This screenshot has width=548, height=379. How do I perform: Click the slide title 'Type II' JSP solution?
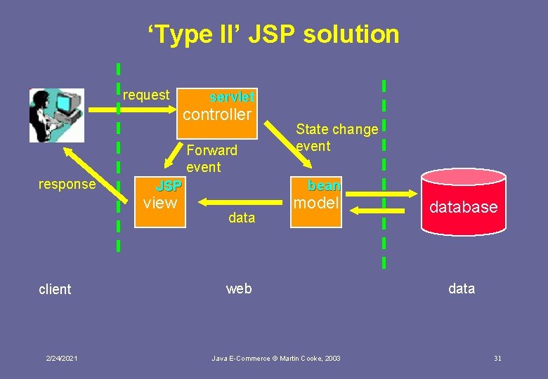(273, 34)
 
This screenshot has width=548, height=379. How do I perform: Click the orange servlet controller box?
(218, 109)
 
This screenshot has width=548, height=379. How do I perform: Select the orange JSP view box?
(160, 202)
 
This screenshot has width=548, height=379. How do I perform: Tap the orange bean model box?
(316, 202)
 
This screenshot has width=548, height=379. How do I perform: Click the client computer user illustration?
(56, 115)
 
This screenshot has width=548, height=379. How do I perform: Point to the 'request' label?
(146, 95)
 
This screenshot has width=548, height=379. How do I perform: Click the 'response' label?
(67, 184)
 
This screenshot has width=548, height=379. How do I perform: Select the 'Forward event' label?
(211, 158)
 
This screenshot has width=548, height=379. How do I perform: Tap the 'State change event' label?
(337, 137)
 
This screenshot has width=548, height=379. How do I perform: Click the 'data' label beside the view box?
(242, 218)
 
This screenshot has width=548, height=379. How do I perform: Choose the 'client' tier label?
(55, 289)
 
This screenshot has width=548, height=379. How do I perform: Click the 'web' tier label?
(239, 288)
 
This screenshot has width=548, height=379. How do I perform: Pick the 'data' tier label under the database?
(462, 288)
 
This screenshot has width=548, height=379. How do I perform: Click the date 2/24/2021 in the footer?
(63, 359)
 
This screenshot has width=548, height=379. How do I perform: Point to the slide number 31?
(497, 359)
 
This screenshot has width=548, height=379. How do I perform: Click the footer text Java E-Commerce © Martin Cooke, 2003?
(276, 359)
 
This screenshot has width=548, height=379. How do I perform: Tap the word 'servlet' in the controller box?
(233, 96)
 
